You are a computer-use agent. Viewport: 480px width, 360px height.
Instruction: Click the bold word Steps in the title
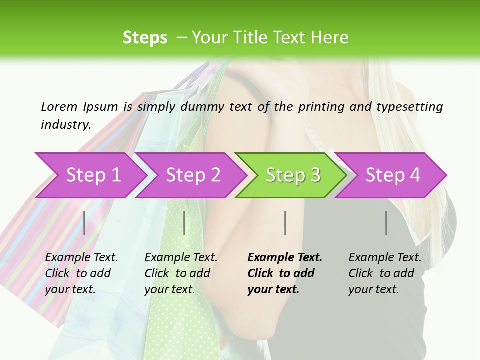tap(145, 38)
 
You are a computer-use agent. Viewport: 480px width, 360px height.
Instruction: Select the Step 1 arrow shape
tap(90, 175)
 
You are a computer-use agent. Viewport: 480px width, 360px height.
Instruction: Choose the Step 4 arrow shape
tap(392, 175)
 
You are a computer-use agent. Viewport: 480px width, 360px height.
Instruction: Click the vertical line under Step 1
tap(84, 223)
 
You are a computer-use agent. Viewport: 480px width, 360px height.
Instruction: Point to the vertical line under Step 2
tap(184, 223)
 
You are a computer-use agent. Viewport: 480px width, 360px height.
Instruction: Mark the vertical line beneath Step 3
tap(285, 223)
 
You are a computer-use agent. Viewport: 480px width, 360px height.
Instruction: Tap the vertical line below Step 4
tap(386, 223)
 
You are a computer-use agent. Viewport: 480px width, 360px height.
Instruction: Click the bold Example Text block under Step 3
tap(285, 273)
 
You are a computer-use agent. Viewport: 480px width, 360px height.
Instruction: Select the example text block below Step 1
tap(81, 273)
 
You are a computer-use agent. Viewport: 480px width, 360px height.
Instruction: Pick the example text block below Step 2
tap(181, 273)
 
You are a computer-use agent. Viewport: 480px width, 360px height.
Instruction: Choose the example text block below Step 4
tap(385, 273)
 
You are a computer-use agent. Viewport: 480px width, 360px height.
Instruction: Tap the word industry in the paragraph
tap(66, 124)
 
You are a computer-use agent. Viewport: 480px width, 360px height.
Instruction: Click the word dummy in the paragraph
tap(203, 107)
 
